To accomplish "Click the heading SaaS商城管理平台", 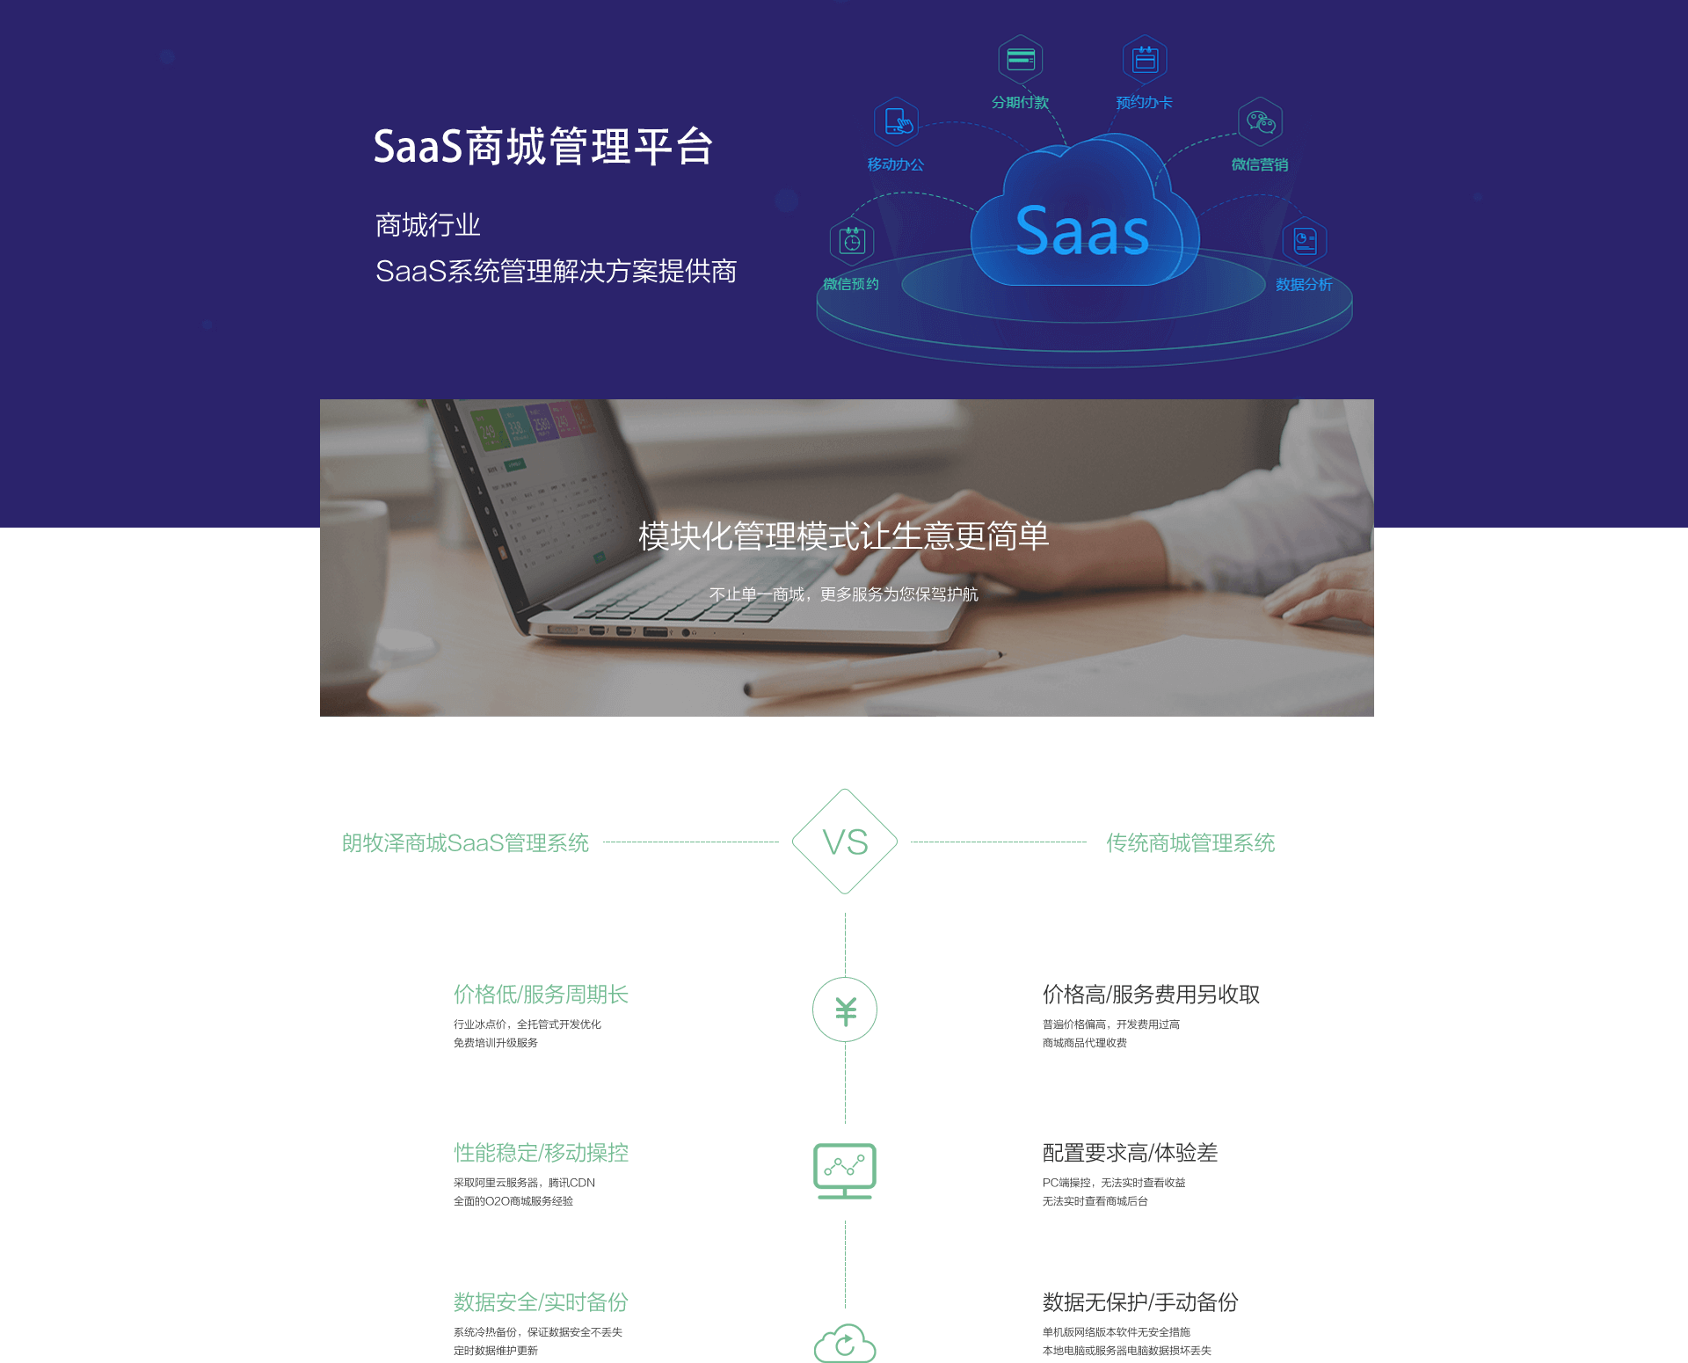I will [x=542, y=147].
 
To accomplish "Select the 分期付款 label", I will [x=1020, y=103].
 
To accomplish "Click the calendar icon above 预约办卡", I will [x=1145, y=60].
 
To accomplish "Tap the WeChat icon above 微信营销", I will [x=1261, y=121].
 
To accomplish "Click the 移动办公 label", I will [x=895, y=164].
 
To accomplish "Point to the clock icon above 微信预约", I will [x=852, y=240].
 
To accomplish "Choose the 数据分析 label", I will [x=1304, y=285].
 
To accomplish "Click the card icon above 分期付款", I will [x=1021, y=60].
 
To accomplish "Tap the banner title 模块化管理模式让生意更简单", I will [x=843, y=536].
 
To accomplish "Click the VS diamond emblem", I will [x=845, y=842].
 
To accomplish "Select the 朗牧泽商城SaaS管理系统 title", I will [x=465, y=843].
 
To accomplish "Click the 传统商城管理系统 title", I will [x=1190, y=843].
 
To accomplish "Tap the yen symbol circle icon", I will [x=845, y=1009].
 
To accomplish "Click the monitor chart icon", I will [x=845, y=1170].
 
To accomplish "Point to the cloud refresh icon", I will [x=845, y=1344].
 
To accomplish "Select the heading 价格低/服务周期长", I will [x=541, y=995].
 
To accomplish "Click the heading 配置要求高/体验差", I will [x=1130, y=1153].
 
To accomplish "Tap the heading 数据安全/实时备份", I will [x=541, y=1302].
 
